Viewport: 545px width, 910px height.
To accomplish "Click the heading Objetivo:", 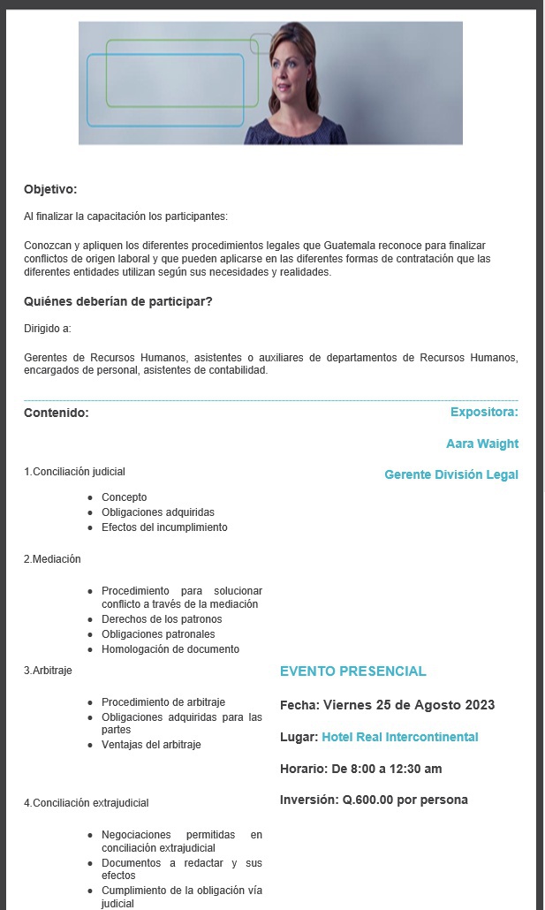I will pyautogui.click(x=50, y=189).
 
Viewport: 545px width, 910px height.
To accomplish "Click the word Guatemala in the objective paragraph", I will pyautogui.click(x=351, y=245).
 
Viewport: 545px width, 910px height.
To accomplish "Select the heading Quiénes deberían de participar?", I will pyautogui.click(x=118, y=302).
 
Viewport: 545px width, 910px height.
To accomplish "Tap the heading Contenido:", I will pyautogui.click(x=57, y=413).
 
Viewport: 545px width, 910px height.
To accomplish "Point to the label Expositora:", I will pyautogui.click(x=484, y=412).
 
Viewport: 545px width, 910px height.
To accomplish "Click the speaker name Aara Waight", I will pyautogui.click(x=482, y=444).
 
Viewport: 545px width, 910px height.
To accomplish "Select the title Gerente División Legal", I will pyautogui.click(x=451, y=475).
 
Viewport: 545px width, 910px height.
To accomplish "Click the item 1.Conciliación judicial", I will pyautogui.click(x=74, y=472).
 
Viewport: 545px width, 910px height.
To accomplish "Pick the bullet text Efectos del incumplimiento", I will pyautogui.click(x=164, y=527).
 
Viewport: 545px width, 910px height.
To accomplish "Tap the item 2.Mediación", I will pyautogui.click(x=52, y=559).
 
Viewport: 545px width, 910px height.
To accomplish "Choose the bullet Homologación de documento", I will pyautogui.click(x=170, y=649).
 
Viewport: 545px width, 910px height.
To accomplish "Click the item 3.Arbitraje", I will pyautogui.click(x=48, y=671).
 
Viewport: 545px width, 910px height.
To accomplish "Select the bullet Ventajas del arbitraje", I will pyautogui.click(x=151, y=745).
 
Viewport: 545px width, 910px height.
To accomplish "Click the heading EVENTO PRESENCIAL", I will pyautogui.click(x=353, y=671).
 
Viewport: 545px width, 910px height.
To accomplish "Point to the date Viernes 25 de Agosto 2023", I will pyautogui.click(x=409, y=705).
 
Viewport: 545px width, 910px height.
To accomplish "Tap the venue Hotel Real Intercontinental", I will pyautogui.click(x=400, y=737).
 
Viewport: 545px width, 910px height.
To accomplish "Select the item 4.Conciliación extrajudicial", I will pyautogui.click(x=86, y=803).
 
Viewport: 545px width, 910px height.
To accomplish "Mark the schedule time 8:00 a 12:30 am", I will pyautogui.click(x=387, y=769).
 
